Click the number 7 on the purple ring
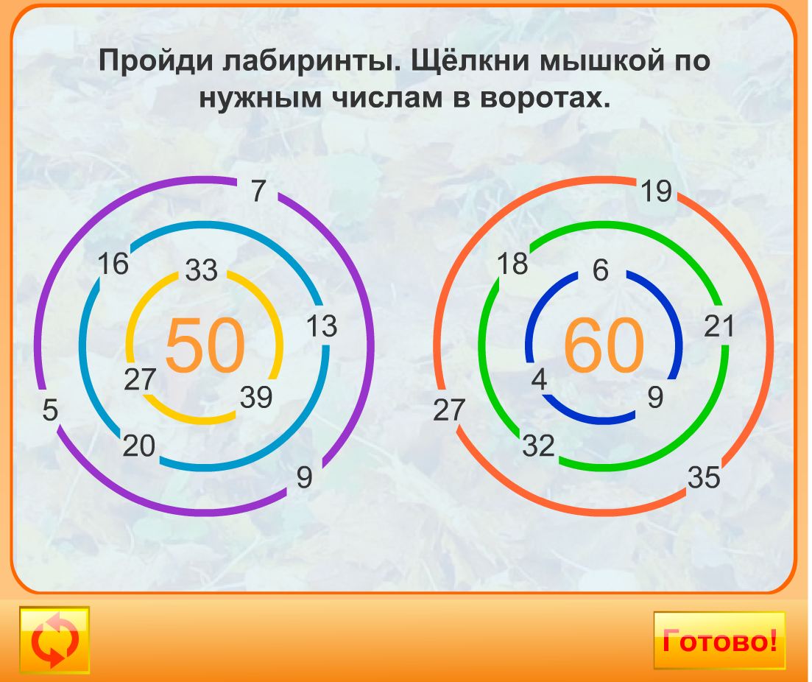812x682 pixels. [x=257, y=191]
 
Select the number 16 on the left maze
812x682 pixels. [x=113, y=264]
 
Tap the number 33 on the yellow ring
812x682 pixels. [x=201, y=270]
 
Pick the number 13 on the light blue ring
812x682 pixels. [x=322, y=326]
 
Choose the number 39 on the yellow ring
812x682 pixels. [x=256, y=398]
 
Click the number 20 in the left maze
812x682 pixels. [x=139, y=446]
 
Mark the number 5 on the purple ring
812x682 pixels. [x=49, y=410]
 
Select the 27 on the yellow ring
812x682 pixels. [x=140, y=379]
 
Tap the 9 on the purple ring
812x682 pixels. [x=304, y=478]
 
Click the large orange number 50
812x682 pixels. [x=204, y=345]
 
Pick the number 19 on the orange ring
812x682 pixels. [x=655, y=191]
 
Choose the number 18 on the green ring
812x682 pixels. [x=512, y=264]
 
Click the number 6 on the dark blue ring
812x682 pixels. [x=601, y=271]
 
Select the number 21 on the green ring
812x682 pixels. [x=719, y=326]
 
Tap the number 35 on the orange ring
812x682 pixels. [x=704, y=478]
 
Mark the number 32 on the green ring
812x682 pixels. [x=538, y=446]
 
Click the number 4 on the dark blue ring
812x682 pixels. [x=539, y=380]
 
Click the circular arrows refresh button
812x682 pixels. [x=54, y=640]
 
